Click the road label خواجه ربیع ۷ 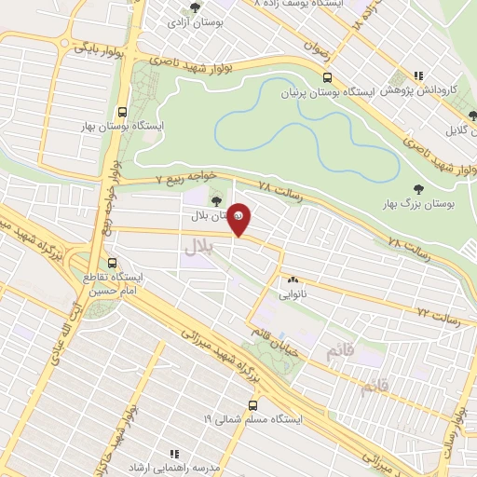[x=184, y=176]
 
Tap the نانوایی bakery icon [x=293, y=279]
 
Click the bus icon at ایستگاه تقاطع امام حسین [x=114, y=263]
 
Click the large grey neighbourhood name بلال [x=198, y=246]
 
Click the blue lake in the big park [x=307, y=140]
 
